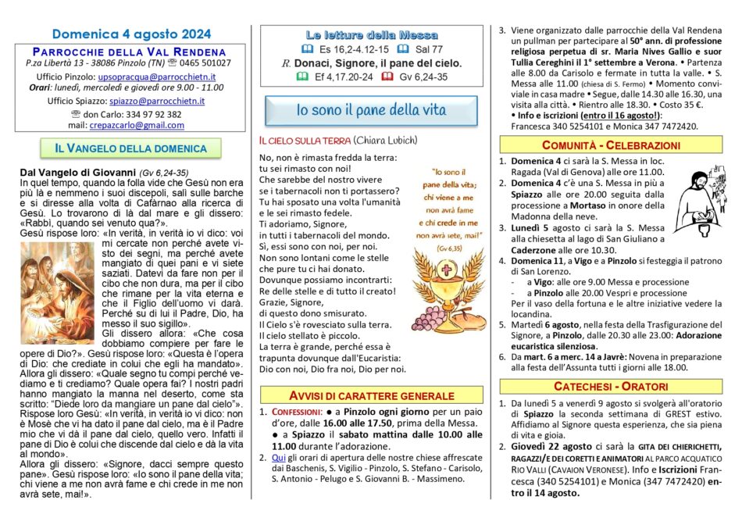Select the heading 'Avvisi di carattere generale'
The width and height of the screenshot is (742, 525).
(x=372, y=395)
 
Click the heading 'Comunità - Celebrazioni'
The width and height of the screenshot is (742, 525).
(x=612, y=145)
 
